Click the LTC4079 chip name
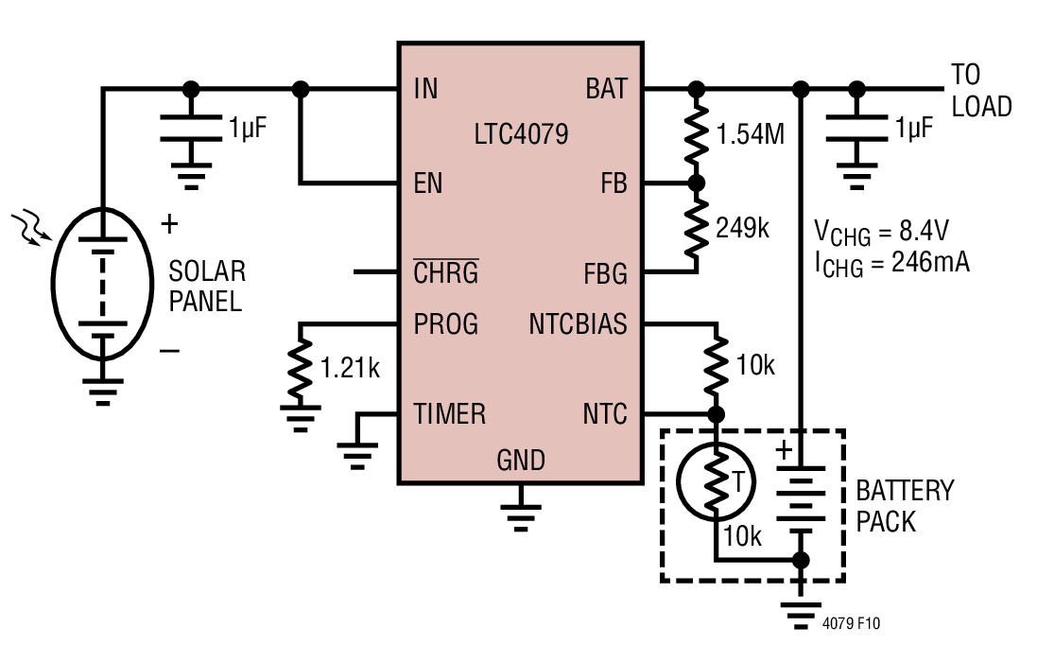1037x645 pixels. pos(521,134)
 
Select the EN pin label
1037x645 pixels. pos(428,183)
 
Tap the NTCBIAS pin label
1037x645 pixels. pos(578,324)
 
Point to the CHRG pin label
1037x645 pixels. pos(446,271)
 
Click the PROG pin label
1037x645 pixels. pos(446,324)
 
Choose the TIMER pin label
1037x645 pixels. pos(450,414)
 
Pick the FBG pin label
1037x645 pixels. pos(605,274)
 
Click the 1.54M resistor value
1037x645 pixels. pos(751,134)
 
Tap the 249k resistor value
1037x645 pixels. pos(742,228)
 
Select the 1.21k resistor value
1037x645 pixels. pos(350,368)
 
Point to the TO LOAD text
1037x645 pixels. pos(981,91)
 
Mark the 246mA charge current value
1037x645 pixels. pos(930,263)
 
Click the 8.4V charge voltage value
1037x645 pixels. pos(924,231)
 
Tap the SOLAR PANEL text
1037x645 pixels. pos(207,286)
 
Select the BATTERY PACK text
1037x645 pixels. pos(905,506)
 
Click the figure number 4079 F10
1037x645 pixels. pos(851,623)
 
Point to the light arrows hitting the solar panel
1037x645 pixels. pos(32,226)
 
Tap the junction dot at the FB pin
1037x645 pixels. pos(697,183)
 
